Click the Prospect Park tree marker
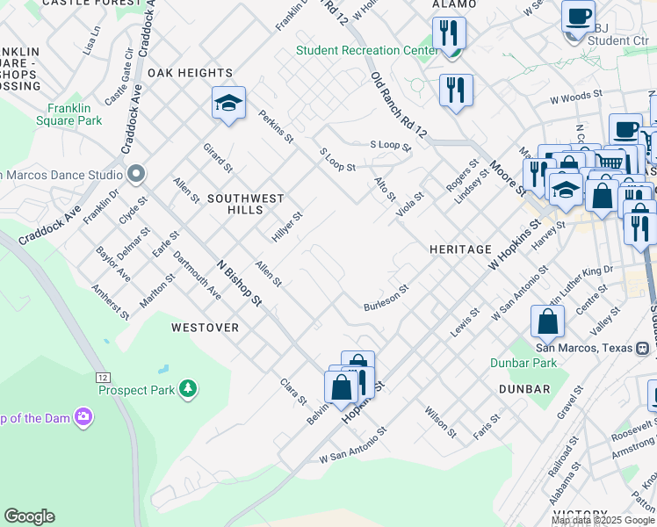point(186,388)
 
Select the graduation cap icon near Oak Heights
point(228,105)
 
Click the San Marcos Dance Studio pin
point(135,172)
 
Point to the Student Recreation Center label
point(366,50)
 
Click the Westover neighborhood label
point(205,328)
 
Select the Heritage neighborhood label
point(460,249)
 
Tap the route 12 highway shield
point(104,376)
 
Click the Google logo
point(29,516)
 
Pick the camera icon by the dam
point(83,415)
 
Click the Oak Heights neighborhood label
point(190,73)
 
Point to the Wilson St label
point(440,422)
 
